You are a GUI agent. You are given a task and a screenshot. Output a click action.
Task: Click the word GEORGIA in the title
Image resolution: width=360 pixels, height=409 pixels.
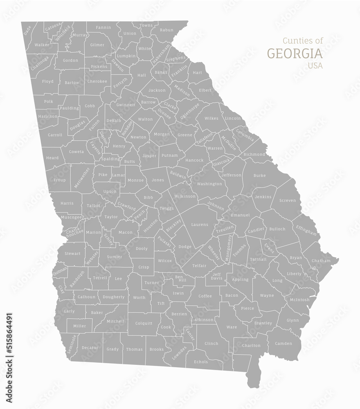point(295,54)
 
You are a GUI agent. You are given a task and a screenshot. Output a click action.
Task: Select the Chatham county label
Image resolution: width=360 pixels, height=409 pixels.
point(321,261)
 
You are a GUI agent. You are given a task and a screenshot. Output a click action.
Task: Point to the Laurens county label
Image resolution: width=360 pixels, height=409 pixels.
point(200,225)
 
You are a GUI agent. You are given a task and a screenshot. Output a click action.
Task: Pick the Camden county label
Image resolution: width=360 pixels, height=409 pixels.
point(283,343)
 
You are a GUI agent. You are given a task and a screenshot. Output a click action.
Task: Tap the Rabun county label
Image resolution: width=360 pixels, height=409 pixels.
point(166,30)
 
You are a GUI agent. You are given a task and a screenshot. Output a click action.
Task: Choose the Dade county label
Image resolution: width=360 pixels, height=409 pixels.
point(27,30)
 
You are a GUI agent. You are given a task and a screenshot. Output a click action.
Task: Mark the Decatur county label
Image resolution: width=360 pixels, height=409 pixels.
point(90,348)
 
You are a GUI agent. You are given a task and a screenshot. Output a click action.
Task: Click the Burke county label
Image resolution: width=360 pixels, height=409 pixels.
point(259,175)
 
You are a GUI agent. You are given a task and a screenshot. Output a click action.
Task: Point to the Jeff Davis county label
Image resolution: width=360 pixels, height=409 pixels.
point(216,276)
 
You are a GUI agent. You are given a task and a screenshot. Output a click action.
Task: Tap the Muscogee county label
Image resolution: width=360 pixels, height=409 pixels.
point(71,217)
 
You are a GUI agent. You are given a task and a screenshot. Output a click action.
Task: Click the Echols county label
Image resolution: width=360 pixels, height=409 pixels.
point(201,362)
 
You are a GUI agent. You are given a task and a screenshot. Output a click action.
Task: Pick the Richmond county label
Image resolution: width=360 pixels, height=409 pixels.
point(254,155)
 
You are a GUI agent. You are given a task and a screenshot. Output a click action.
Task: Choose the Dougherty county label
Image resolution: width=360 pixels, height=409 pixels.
point(113,297)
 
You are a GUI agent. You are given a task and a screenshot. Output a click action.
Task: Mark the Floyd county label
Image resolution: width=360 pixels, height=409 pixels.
point(47,81)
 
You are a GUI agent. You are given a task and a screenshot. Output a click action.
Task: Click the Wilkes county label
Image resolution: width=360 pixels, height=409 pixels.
point(211,118)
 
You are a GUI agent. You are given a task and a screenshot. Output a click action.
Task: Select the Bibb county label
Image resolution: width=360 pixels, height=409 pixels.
point(149,199)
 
